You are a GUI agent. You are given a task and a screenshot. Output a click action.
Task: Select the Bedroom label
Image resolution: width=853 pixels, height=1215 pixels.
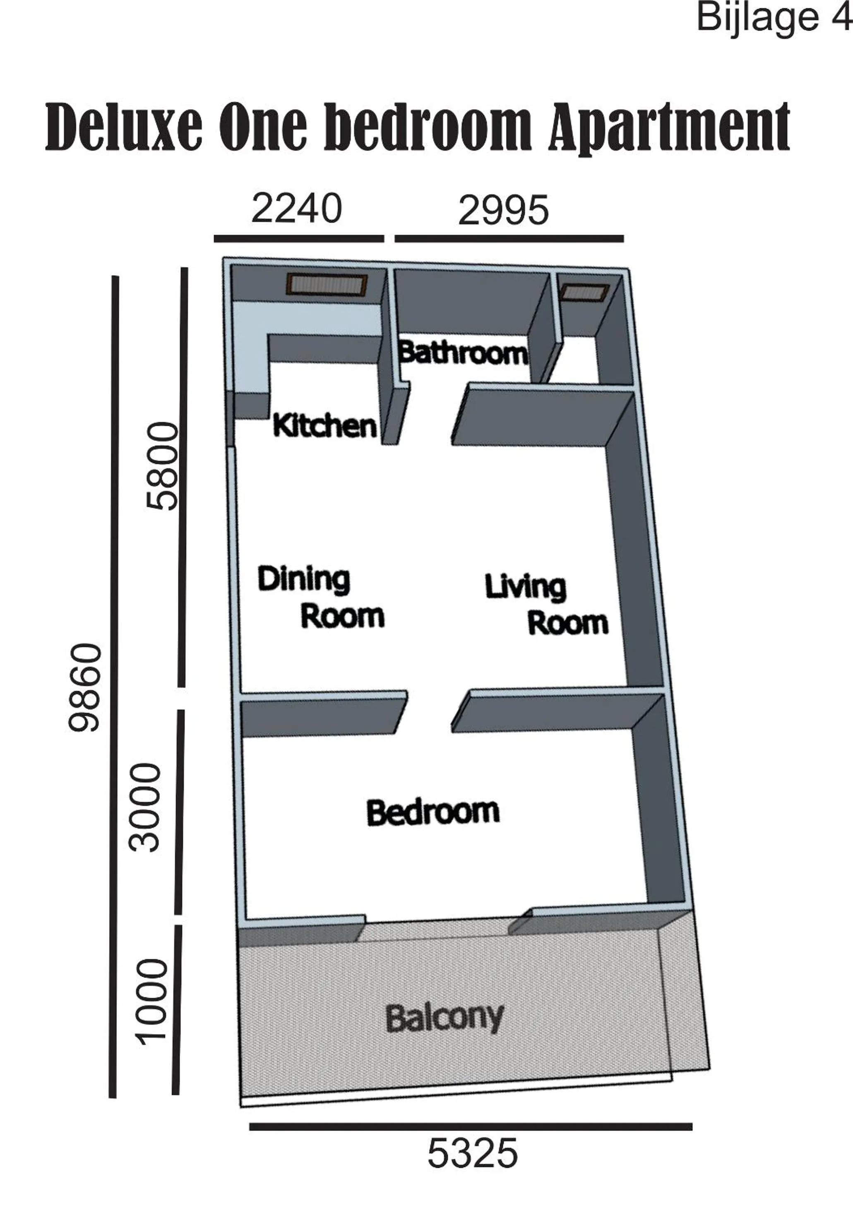[433, 812]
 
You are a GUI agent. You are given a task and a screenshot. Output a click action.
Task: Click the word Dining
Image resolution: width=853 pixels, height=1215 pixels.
[303, 579]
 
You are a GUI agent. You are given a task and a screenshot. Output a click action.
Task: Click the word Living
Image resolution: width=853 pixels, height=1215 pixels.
[525, 586]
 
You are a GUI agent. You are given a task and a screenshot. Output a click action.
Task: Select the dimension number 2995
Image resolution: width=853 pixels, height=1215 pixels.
[503, 211]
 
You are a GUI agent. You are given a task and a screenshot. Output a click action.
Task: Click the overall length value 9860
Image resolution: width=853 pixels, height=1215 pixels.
[85, 687]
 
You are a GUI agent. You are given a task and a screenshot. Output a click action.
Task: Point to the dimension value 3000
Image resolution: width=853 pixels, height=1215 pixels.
[144, 807]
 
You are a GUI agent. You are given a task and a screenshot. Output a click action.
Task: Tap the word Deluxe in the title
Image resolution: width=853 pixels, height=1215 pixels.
[123, 127]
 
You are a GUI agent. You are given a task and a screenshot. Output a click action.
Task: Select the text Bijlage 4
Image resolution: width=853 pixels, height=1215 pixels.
[773, 17]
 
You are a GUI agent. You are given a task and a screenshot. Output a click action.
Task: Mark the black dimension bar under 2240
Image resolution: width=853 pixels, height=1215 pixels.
[298, 239]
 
